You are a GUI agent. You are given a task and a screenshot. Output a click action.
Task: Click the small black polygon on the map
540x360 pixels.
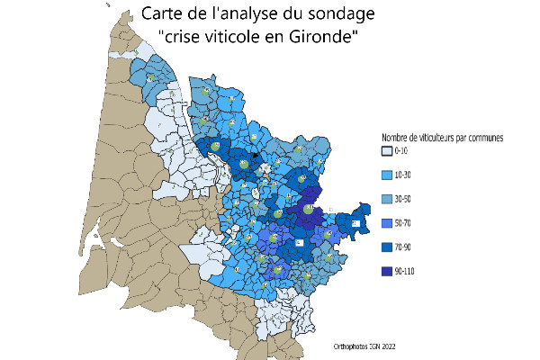(256, 157)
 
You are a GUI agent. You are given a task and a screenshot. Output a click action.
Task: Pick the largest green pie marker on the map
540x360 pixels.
(308, 209)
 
